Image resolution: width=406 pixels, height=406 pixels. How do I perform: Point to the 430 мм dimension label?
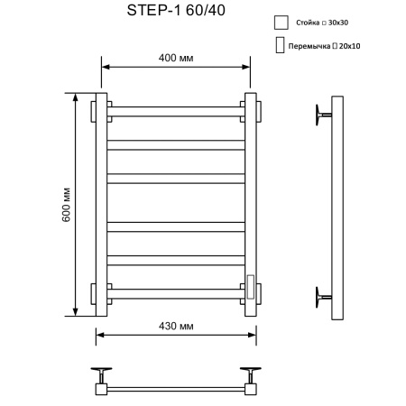[177, 325]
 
